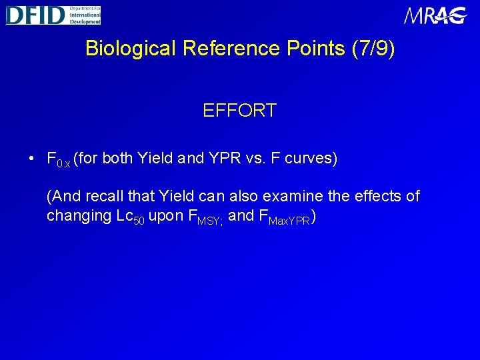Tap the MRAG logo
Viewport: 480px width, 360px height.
435,15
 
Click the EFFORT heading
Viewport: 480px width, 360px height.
239,111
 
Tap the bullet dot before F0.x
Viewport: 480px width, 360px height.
32,159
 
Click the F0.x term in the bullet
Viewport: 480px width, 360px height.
58,160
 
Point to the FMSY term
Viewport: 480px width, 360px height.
209,217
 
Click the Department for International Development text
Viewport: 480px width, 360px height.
84,15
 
